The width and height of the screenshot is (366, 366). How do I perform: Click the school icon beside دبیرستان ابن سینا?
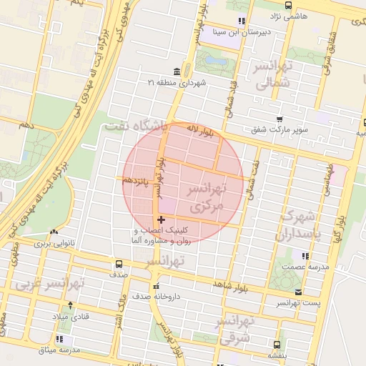point(242,21)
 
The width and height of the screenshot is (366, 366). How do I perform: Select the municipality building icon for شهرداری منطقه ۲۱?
point(177,72)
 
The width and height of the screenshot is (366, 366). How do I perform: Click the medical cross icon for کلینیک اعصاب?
point(160,219)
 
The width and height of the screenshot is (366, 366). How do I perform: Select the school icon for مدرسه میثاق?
point(60,339)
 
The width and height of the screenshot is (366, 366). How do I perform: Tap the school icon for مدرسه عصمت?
point(305,256)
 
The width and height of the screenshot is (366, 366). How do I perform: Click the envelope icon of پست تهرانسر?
point(298,292)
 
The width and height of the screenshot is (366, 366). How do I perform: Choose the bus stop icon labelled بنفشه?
point(277,343)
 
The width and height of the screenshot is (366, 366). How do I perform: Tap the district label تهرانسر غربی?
point(50,284)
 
